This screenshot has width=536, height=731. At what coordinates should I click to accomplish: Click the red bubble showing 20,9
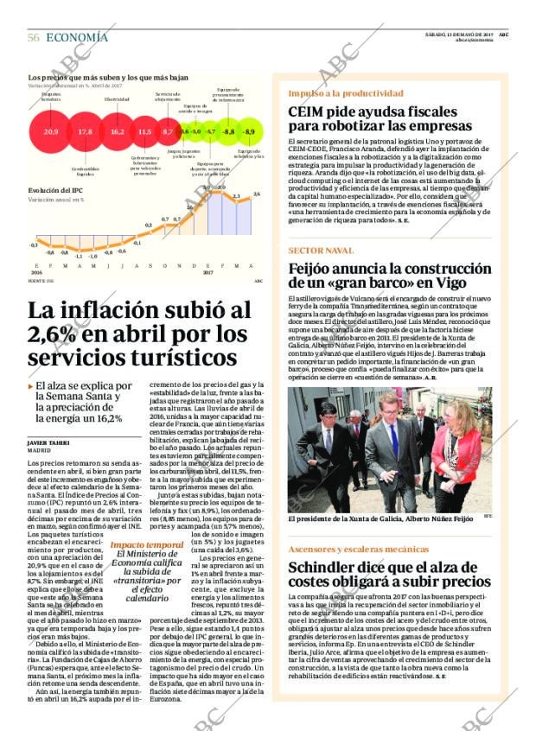point(51,132)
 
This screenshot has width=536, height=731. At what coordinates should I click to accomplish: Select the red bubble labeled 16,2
point(117,132)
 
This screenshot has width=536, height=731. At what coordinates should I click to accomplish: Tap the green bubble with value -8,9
point(250,131)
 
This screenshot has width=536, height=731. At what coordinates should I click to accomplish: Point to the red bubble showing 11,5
point(144,132)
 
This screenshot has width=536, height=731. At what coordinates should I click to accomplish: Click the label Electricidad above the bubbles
point(117,99)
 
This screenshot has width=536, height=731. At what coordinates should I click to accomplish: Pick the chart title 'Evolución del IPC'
point(55,190)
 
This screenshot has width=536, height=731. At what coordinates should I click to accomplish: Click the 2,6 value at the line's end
point(257,194)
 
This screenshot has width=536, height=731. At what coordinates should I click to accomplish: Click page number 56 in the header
point(34,37)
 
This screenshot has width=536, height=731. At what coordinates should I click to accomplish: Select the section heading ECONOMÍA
point(77,37)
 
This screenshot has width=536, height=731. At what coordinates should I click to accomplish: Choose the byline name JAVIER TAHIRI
point(48,442)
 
